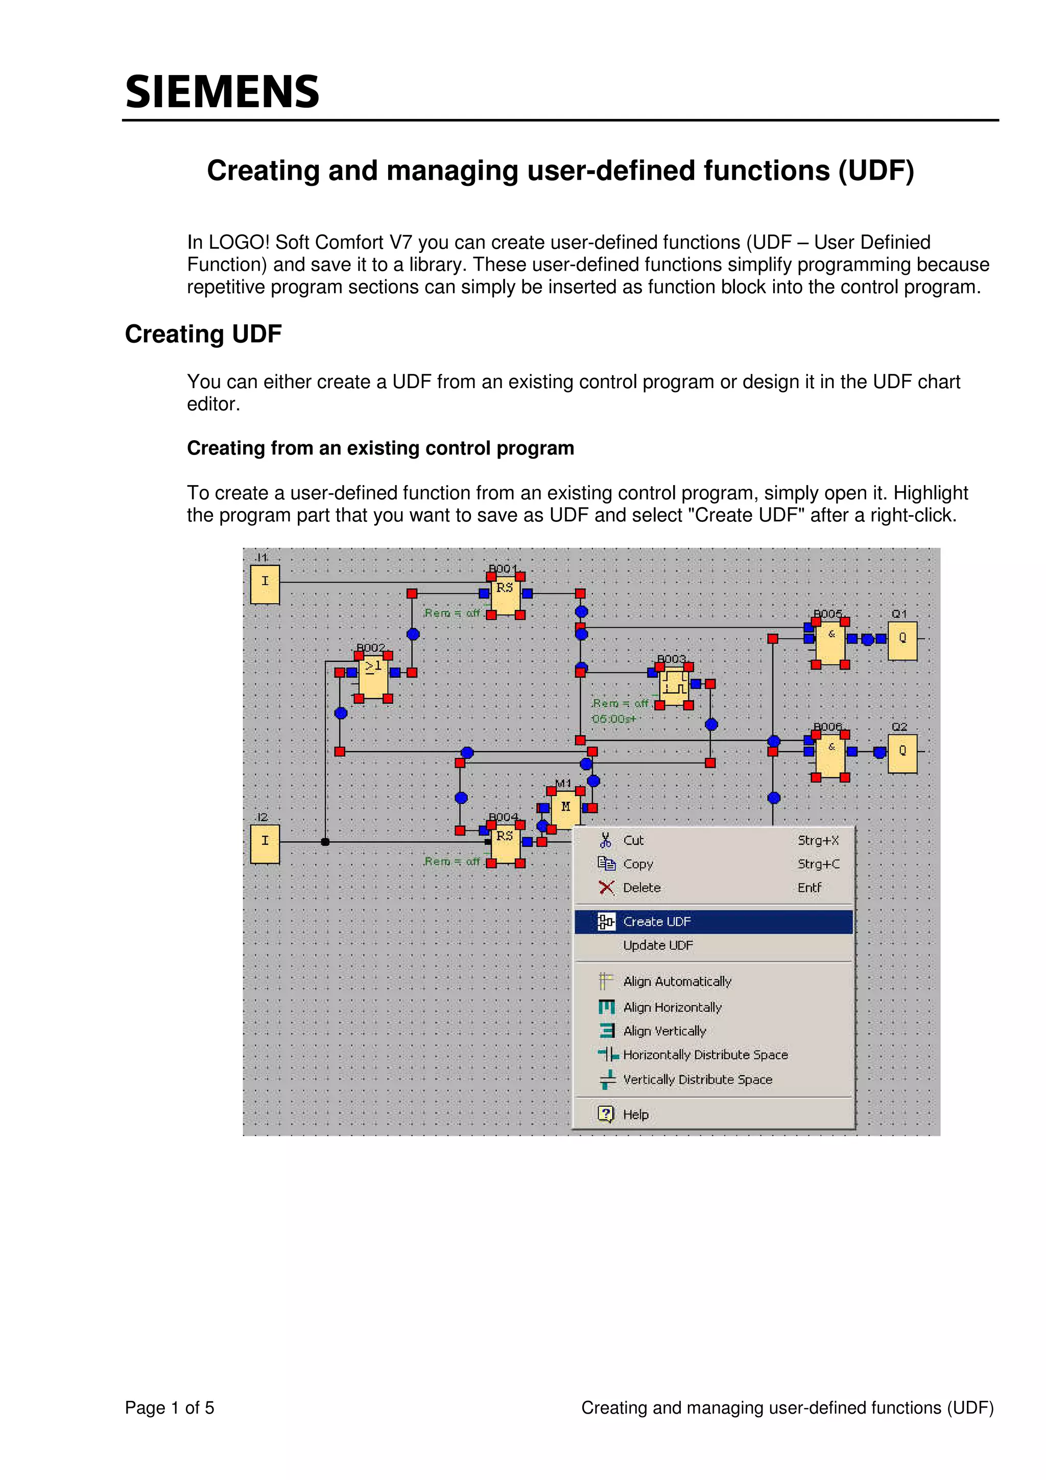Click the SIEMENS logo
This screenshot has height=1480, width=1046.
(222, 91)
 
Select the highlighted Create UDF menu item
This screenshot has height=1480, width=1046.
(656, 922)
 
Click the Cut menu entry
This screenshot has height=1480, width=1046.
(633, 841)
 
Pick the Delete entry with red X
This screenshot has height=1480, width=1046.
(641, 888)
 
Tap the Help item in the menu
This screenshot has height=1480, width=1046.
(635, 1114)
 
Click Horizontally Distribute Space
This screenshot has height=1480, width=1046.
(705, 1055)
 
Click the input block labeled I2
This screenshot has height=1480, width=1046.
(265, 844)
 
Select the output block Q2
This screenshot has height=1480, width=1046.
(901, 753)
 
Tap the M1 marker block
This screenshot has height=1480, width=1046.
(566, 808)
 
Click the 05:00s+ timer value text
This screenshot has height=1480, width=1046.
(613, 719)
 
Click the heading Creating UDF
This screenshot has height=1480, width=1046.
(203, 335)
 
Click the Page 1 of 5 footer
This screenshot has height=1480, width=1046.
(170, 1408)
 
